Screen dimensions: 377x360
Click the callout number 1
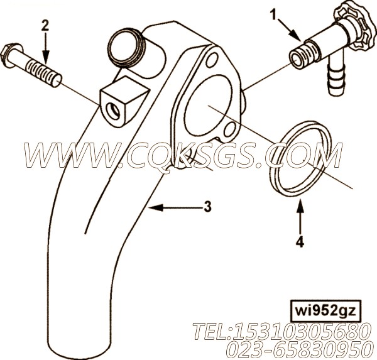tap(273, 15)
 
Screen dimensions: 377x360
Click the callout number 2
tap(45, 26)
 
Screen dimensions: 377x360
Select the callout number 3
tap(208, 207)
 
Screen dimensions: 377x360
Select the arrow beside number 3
tap(174, 207)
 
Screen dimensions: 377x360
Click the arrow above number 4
tap(300, 216)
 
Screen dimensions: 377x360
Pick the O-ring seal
tap(293, 156)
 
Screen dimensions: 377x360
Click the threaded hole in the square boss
tap(114, 111)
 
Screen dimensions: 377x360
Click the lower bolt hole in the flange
tap(230, 130)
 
